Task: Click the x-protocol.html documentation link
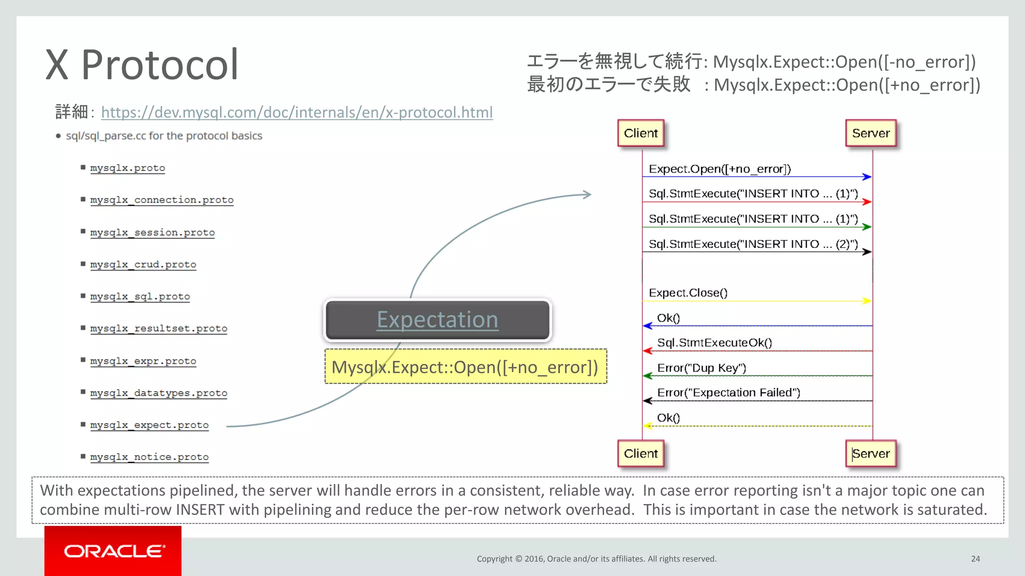pos(297,112)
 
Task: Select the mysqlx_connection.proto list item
pos(162,200)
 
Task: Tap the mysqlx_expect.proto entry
pos(149,425)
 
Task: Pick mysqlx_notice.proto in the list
pos(149,457)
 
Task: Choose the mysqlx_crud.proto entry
pos(143,264)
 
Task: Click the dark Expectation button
pos(437,320)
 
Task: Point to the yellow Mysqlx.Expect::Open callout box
pos(465,367)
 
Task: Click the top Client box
pos(641,133)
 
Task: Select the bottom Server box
pos(871,453)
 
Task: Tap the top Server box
pos(871,133)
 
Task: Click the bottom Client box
pos(641,453)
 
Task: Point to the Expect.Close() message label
pos(688,293)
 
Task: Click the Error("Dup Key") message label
pos(701,368)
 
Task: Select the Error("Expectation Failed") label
pos(728,393)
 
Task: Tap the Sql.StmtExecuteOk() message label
pos(714,343)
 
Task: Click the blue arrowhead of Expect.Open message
pos(867,176)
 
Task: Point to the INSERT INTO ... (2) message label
pos(753,244)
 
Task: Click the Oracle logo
pos(113,551)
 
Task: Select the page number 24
pos(975,559)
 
